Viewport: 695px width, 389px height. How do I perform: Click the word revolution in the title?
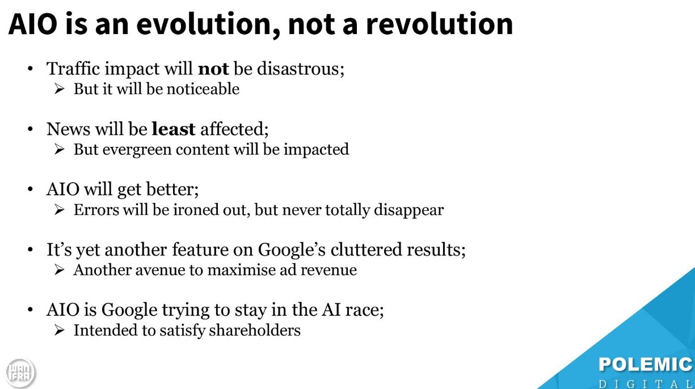pyautogui.click(x=439, y=24)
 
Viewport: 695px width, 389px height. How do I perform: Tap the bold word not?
pyautogui.click(x=213, y=69)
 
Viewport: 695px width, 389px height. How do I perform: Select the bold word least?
pyautogui.click(x=174, y=129)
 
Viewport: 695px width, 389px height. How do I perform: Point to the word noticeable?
pyautogui.click(x=203, y=89)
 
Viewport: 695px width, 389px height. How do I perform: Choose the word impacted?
pyautogui.click(x=316, y=150)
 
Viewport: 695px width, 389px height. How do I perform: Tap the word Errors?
pyautogui.click(x=96, y=210)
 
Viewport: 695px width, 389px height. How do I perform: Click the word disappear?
pyautogui.click(x=408, y=210)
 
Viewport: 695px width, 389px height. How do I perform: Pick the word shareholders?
pyautogui.click(x=255, y=330)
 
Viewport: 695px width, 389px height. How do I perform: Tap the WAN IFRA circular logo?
pyautogui.click(x=20, y=373)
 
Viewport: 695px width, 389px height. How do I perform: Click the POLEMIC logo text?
pyautogui.click(x=646, y=365)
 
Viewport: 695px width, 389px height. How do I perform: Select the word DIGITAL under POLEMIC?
pyautogui.click(x=646, y=384)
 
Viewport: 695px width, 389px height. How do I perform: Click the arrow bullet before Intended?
pyautogui.click(x=59, y=330)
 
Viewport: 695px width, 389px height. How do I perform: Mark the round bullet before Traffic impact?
pyautogui.click(x=30, y=69)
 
